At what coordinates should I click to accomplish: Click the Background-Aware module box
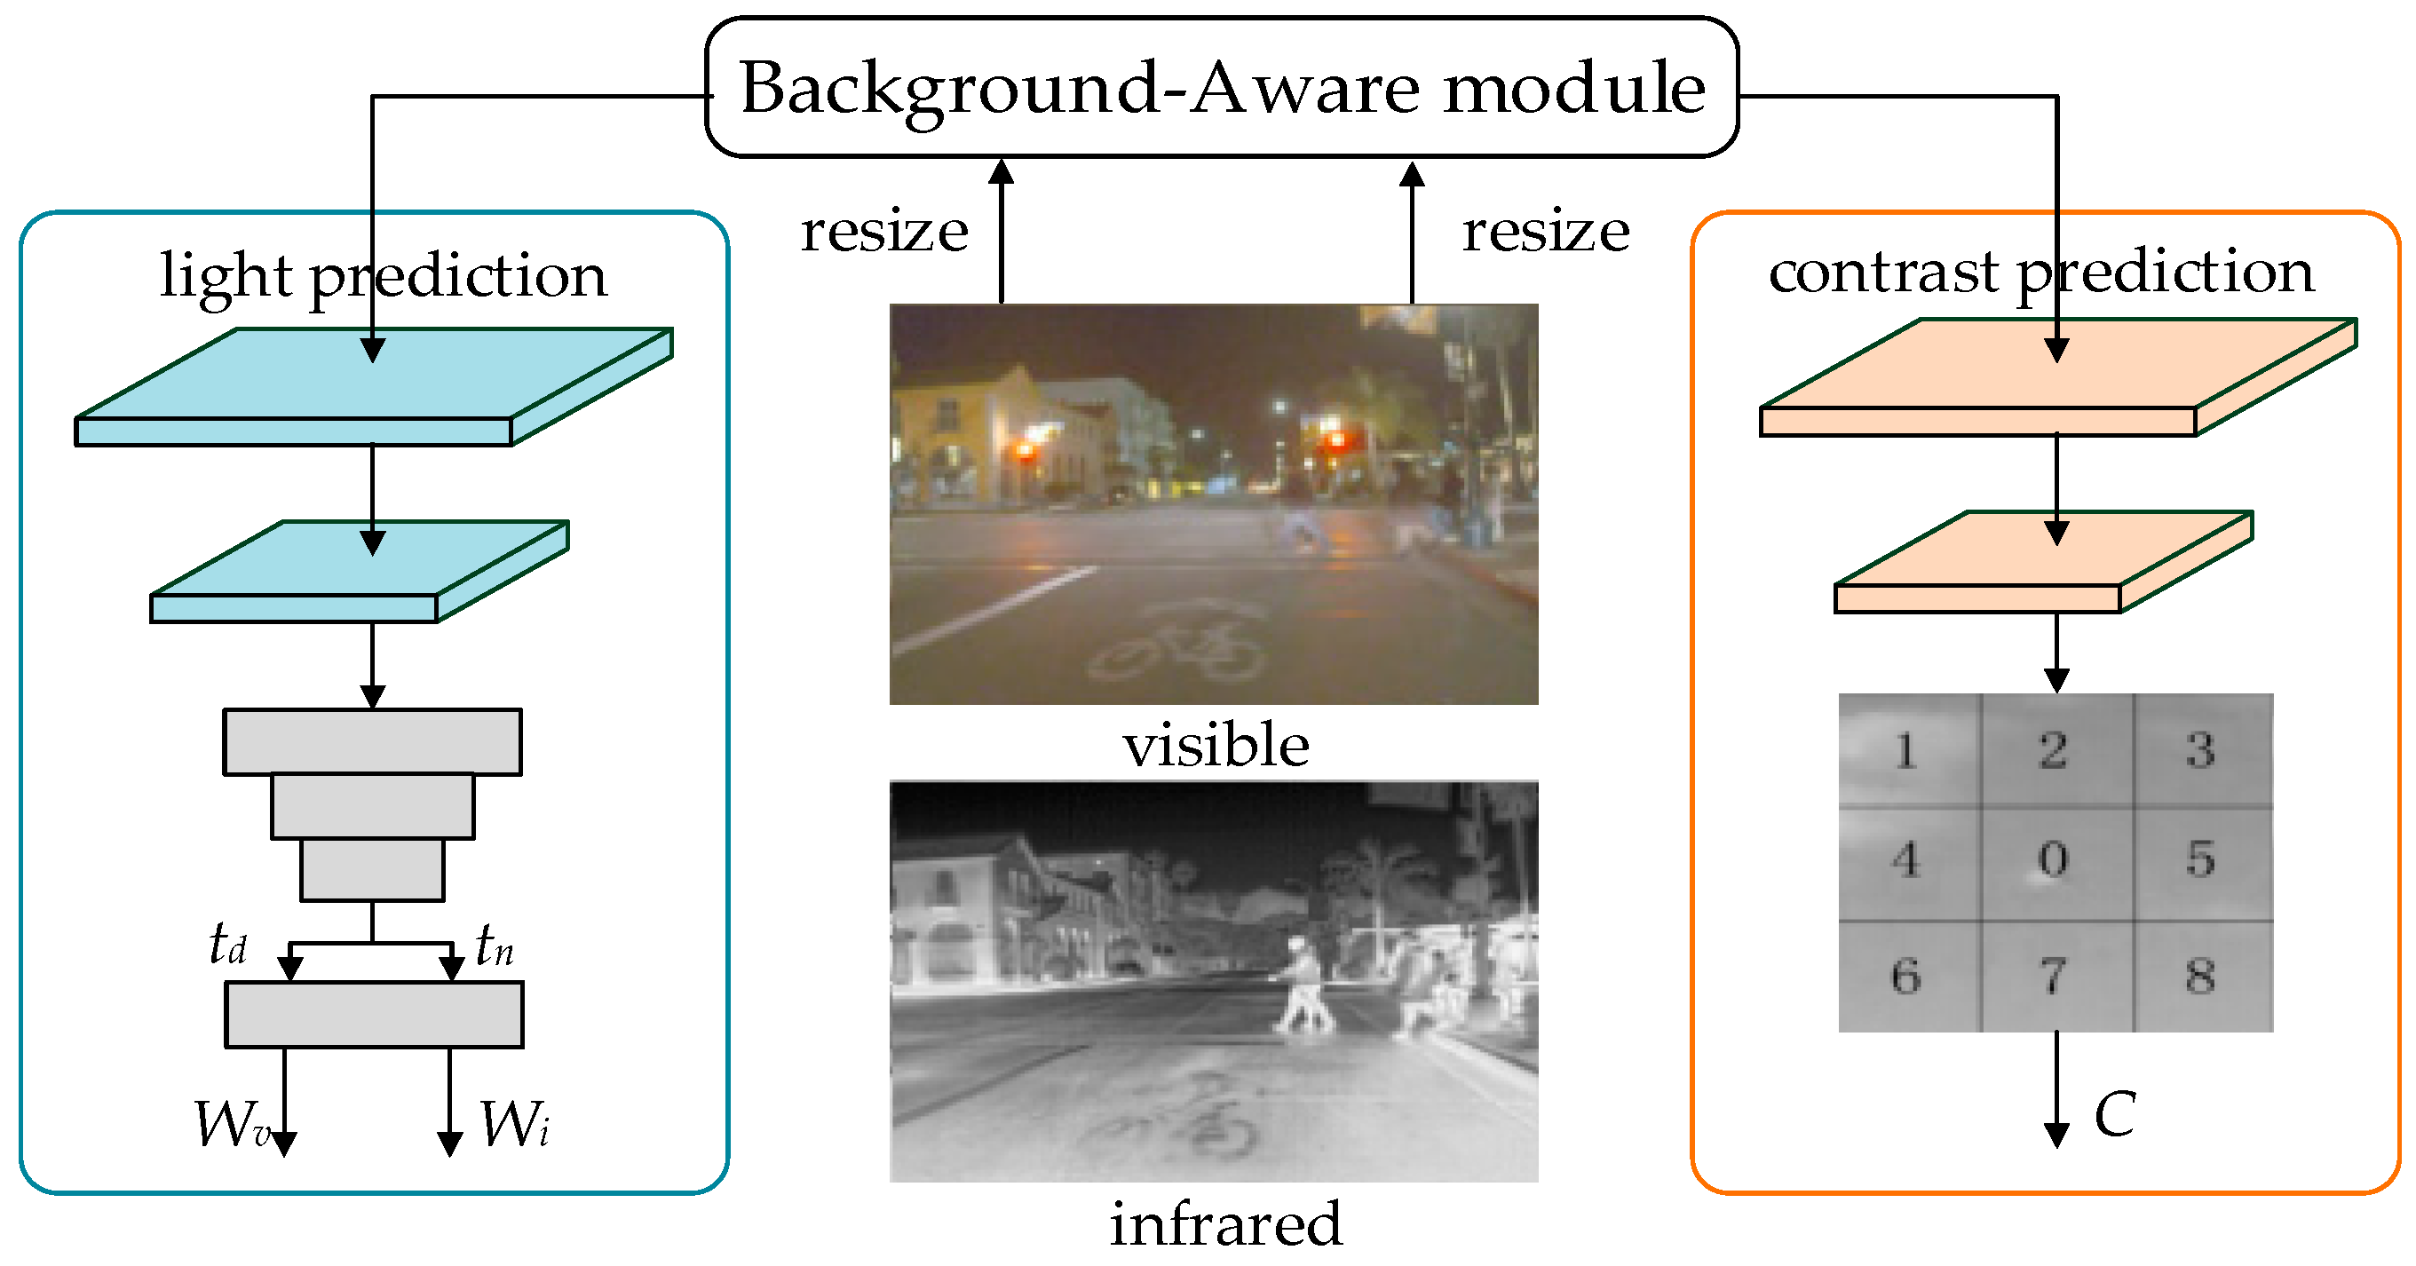1221,87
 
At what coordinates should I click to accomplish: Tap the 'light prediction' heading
383,276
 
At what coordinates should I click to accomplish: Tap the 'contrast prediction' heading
2040,272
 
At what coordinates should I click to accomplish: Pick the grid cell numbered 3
2200,749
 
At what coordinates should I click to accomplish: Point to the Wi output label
514,1123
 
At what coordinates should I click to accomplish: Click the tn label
494,946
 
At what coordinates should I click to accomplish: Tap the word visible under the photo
1216,747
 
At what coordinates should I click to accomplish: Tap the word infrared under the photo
1225,1223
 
